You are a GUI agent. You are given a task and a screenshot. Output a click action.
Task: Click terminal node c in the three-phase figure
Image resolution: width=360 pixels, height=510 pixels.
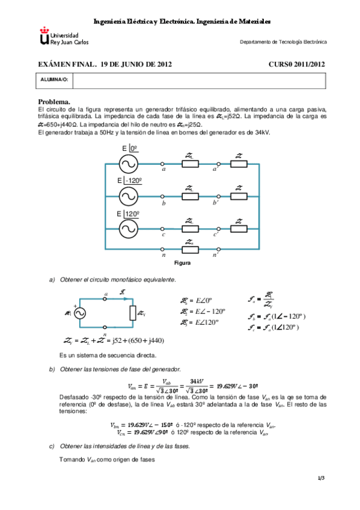[163, 229]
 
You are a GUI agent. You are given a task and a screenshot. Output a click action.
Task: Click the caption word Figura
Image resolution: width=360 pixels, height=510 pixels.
[182, 263]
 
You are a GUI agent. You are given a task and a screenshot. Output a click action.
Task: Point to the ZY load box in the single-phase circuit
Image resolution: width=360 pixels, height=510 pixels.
[132, 313]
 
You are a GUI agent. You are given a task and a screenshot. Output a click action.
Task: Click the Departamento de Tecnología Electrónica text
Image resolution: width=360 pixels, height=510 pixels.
[283, 42]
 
